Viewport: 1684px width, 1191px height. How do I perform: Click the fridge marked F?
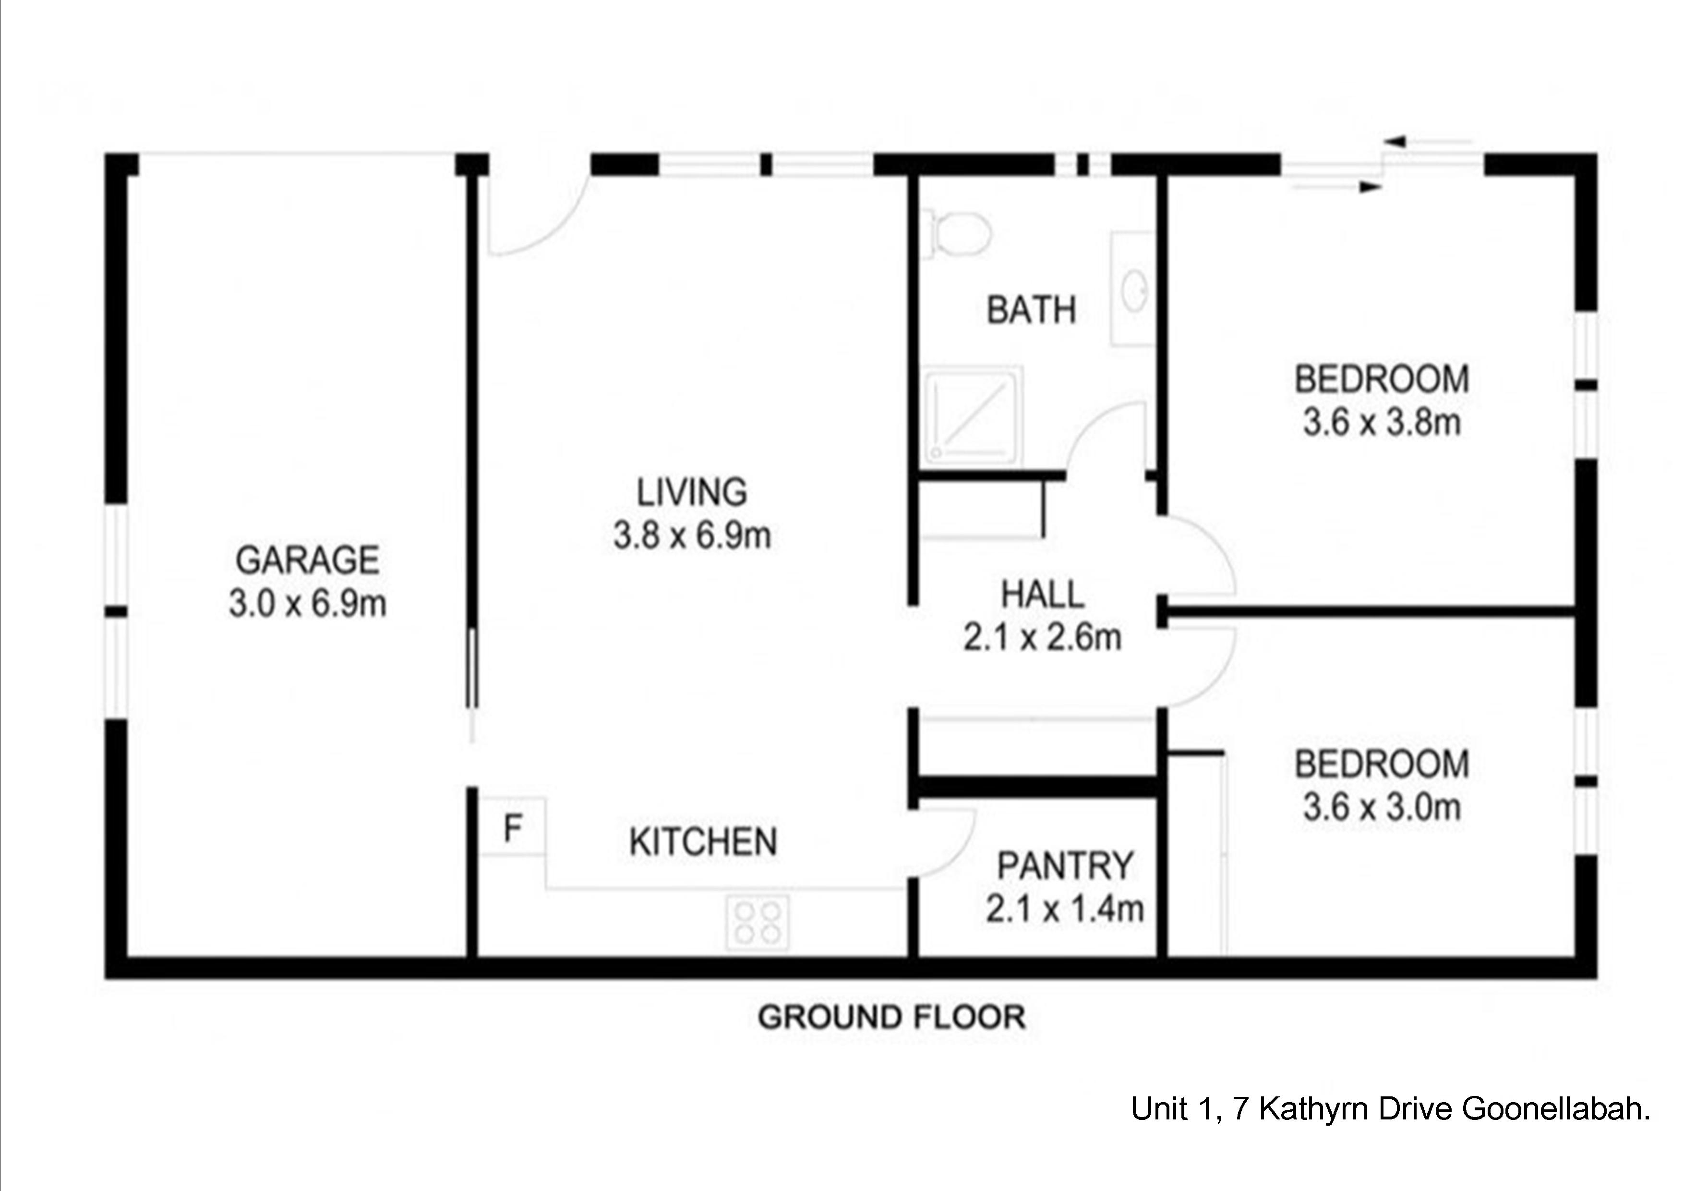pyautogui.click(x=513, y=826)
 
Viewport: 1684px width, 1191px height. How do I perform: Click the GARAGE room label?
pyautogui.click(x=307, y=560)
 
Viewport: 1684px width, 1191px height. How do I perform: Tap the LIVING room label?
pyautogui.click(x=692, y=492)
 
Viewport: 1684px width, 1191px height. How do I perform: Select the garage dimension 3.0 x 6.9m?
pyautogui.click(x=307, y=605)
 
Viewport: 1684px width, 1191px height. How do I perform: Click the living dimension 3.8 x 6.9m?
pyautogui.click(x=692, y=535)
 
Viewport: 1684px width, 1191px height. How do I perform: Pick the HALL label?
pyautogui.click(x=1042, y=595)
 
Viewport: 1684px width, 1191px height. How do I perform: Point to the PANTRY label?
pyautogui.click(x=1065, y=866)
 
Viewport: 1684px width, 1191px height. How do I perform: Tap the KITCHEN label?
pyautogui.click(x=703, y=842)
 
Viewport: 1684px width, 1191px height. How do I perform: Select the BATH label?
pyautogui.click(x=1031, y=310)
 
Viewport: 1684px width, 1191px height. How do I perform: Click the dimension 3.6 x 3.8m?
pyautogui.click(x=1382, y=423)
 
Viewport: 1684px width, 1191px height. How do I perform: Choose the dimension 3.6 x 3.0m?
pyautogui.click(x=1382, y=807)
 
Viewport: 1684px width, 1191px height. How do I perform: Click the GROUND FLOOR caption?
pyautogui.click(x=892, y=1018)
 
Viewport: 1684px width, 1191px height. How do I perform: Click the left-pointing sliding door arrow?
pyautogui.click(x=1428, y=142)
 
